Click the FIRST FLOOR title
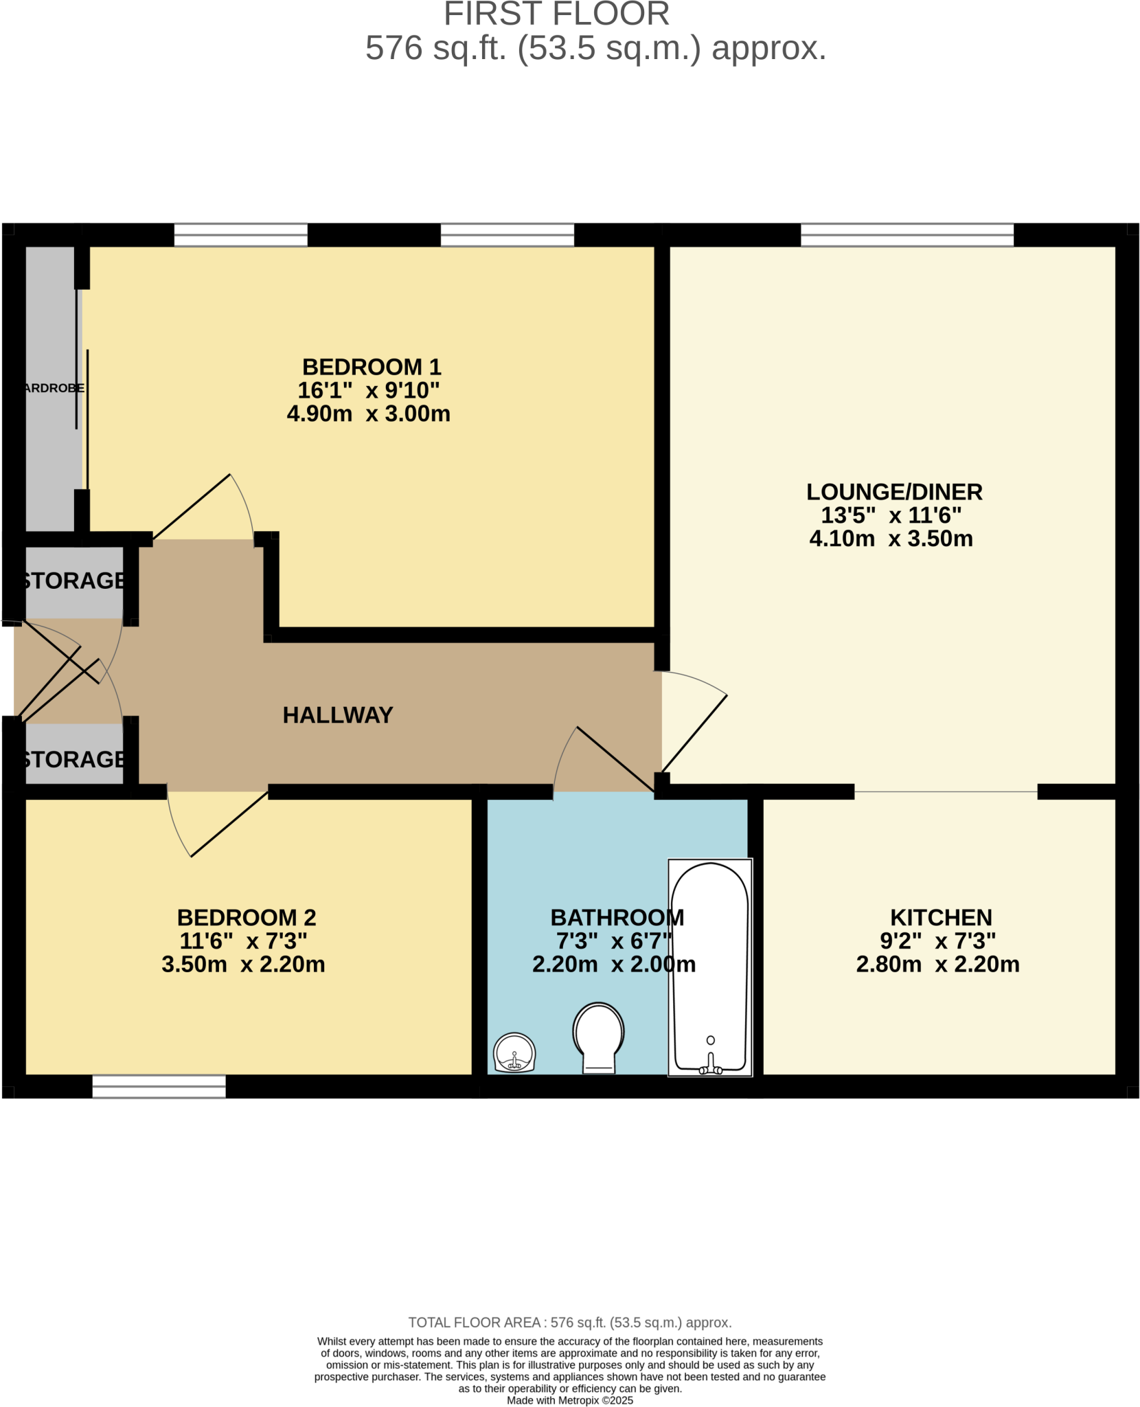pos(556,14)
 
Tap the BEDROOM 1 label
pos(372,367)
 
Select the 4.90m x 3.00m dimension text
pos(368,414)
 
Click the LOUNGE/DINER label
pos(894,492)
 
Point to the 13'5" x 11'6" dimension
pos(891,515)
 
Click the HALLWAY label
pos(337,715)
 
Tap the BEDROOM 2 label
pos(247,917)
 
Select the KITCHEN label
pos(941,917)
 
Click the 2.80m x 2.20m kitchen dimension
pos(937,964)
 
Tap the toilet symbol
pos(598,1037)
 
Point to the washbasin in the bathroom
pos(514,1053)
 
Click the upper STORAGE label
pos(73,581)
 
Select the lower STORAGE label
pos(73,759)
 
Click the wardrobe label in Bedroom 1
pos(54,388)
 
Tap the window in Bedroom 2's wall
pos(159,1086)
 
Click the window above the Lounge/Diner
pos(907,235)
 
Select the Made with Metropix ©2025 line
pos(569,1400)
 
